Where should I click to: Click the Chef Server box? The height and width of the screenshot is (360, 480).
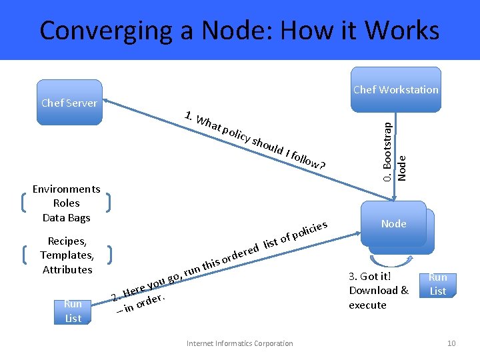point(69,103)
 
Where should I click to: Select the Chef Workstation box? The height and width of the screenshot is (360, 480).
point(396,89)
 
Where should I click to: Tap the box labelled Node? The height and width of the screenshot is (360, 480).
point(394,224)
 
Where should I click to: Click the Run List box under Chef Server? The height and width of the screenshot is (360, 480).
point(73,311)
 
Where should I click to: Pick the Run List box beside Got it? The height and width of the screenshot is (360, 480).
point(438,284)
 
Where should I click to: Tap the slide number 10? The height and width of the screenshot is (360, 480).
point(451,343)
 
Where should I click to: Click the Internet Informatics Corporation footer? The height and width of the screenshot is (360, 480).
point(239,343)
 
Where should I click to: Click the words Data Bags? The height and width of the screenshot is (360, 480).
point(66,218)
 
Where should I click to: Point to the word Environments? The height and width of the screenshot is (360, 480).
point(66,189)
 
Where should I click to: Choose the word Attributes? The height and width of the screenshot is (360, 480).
point(67,270)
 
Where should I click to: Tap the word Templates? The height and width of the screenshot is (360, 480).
point(66,255)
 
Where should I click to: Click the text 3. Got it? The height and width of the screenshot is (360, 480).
point(369,276)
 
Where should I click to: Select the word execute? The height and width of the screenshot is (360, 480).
point(367,305)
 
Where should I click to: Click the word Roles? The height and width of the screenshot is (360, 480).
point(66,203)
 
